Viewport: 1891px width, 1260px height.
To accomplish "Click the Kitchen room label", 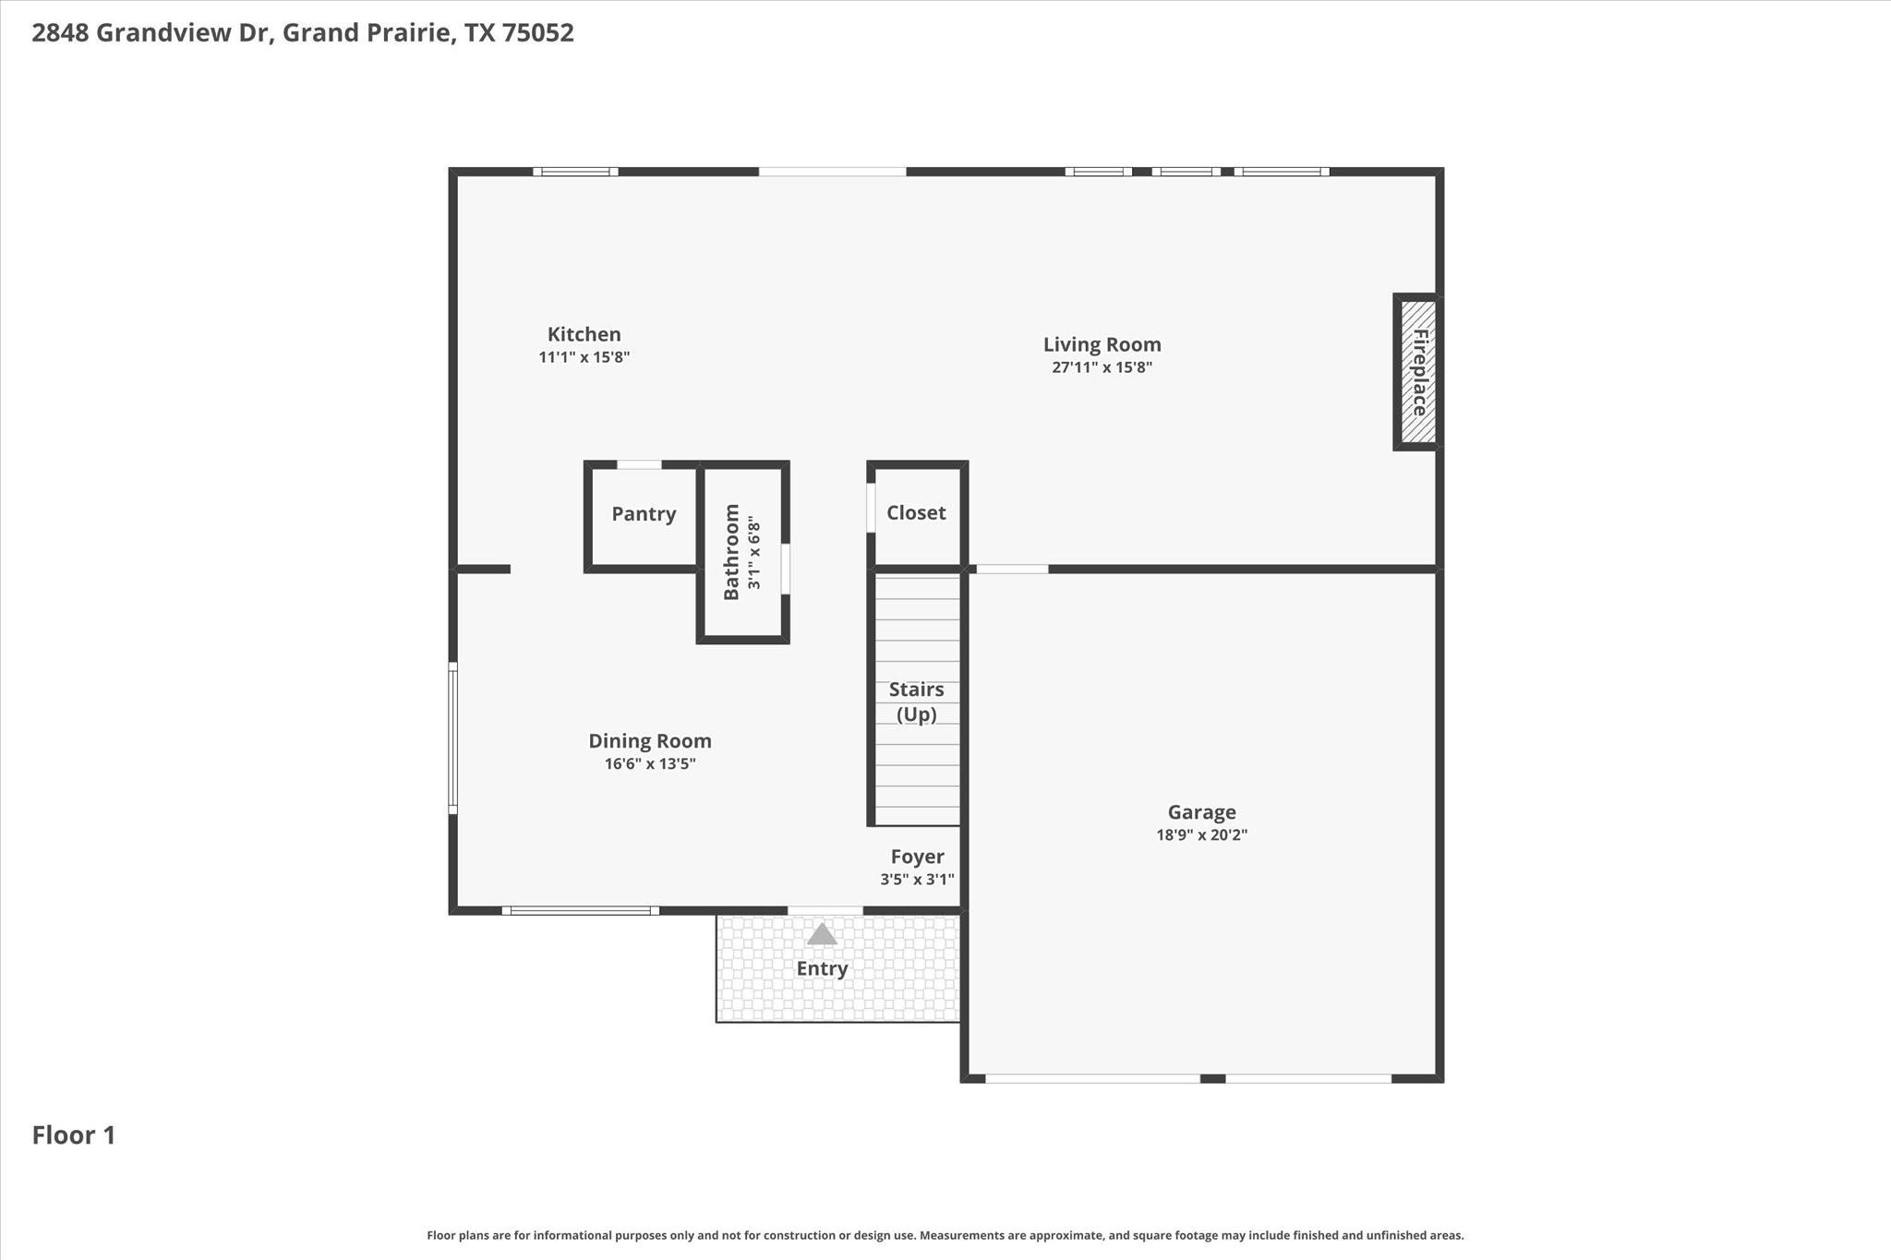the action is [584, 334].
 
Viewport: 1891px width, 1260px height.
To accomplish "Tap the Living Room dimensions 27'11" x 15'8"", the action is [1102, 367].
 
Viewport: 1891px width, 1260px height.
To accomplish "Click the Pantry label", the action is [644, 514].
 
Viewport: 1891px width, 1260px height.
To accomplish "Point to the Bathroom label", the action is [731, 552].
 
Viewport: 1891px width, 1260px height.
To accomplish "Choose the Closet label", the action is [916, 512].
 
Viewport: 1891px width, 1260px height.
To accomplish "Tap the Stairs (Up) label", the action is [916, 702].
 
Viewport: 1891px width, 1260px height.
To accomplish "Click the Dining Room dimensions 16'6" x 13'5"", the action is [650, 763].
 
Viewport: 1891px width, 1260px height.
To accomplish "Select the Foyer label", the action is [917, 857].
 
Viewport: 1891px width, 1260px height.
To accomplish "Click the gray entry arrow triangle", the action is [822, 934].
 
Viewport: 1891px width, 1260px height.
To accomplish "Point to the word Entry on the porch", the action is [822, 968].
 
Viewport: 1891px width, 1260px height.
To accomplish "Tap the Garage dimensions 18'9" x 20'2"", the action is [1201, 835].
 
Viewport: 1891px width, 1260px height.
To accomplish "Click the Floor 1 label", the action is [74, 1135].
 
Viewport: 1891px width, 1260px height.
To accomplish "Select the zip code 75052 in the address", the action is [538, 32].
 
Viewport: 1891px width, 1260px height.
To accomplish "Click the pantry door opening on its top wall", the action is [639, 464].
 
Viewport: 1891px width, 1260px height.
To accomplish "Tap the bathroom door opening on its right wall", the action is [786, 569].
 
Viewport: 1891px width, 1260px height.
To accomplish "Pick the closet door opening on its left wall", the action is [871, 508].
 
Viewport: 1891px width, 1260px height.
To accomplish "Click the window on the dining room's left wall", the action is [452, 738].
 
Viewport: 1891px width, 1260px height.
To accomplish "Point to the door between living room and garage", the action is [1012, 569].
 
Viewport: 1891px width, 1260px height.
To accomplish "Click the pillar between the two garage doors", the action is [1212, 1078].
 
